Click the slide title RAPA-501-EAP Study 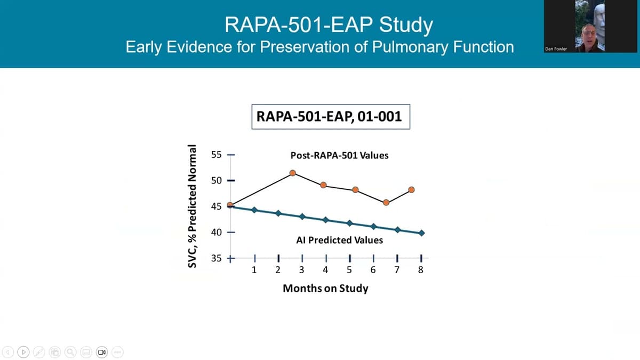329,24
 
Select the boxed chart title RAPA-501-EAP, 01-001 330,116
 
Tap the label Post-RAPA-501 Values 339,156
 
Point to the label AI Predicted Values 339,241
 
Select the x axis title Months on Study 325,289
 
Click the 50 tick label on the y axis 216,180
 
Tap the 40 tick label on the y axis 216,233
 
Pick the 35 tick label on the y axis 216,259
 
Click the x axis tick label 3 302,270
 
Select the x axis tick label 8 421,270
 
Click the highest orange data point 292,173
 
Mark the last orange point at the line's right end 411,190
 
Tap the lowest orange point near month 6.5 386,203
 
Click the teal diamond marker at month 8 422,233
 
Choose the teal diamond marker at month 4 326,220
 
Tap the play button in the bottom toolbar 23,352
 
